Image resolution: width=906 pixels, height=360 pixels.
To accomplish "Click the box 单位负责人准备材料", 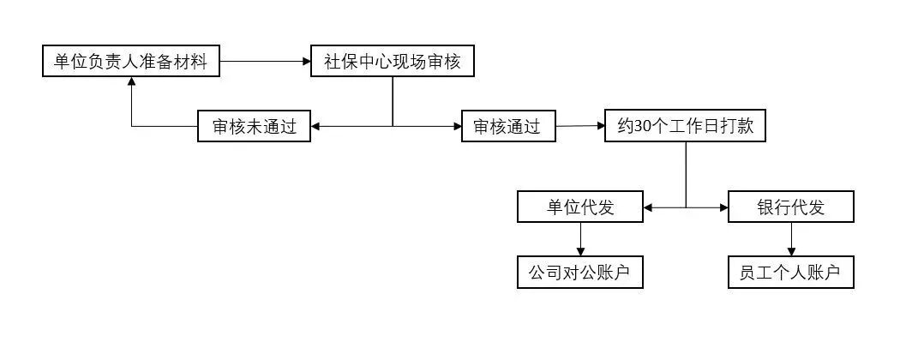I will [x=131, y=62].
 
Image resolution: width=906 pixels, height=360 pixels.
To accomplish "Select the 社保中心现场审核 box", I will [x=392, y=62].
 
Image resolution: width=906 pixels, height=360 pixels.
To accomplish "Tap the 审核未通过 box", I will [x=254, y=127].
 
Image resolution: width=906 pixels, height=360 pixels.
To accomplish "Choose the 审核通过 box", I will [x=507, y=127].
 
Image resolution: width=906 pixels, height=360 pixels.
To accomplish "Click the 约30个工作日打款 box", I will [x=685, y=127].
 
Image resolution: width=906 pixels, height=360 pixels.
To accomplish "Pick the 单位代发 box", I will [x=580, y=207].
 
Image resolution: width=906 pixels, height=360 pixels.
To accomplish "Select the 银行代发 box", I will [x=790, y=207].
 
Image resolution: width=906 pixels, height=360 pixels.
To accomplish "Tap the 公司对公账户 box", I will [x=580, y=273].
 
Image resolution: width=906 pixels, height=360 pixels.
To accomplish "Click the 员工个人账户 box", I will [x=790, y=273].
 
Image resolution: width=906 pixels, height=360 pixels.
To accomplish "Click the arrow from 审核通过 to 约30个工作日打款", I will [x=579, y=127].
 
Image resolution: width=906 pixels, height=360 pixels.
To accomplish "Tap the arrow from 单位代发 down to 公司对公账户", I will [x=580, y=240].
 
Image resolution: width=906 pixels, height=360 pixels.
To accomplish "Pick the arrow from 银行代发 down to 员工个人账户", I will [x=790, y=240].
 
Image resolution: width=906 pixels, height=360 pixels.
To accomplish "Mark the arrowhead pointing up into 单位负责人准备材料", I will [x=131, y=82].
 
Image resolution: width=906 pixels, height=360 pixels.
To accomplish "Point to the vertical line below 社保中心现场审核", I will [x=393, y=101].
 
